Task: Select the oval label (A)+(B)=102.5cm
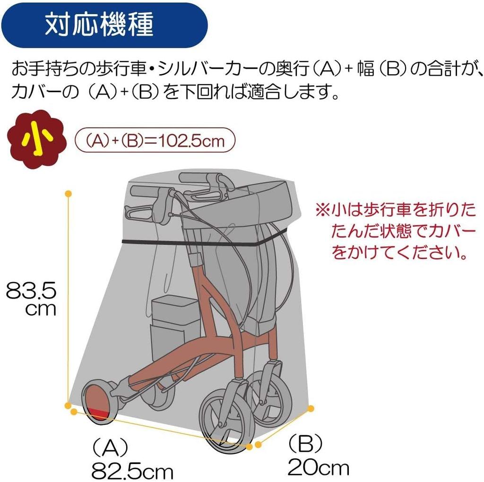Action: point(155,140)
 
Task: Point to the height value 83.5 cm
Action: point(31,299)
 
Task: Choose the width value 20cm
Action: point(319,468)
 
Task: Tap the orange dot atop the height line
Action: point(69,194)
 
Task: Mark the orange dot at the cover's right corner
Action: point(311,407)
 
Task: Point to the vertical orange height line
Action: point(69,298)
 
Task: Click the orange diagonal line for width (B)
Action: point(284,426)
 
